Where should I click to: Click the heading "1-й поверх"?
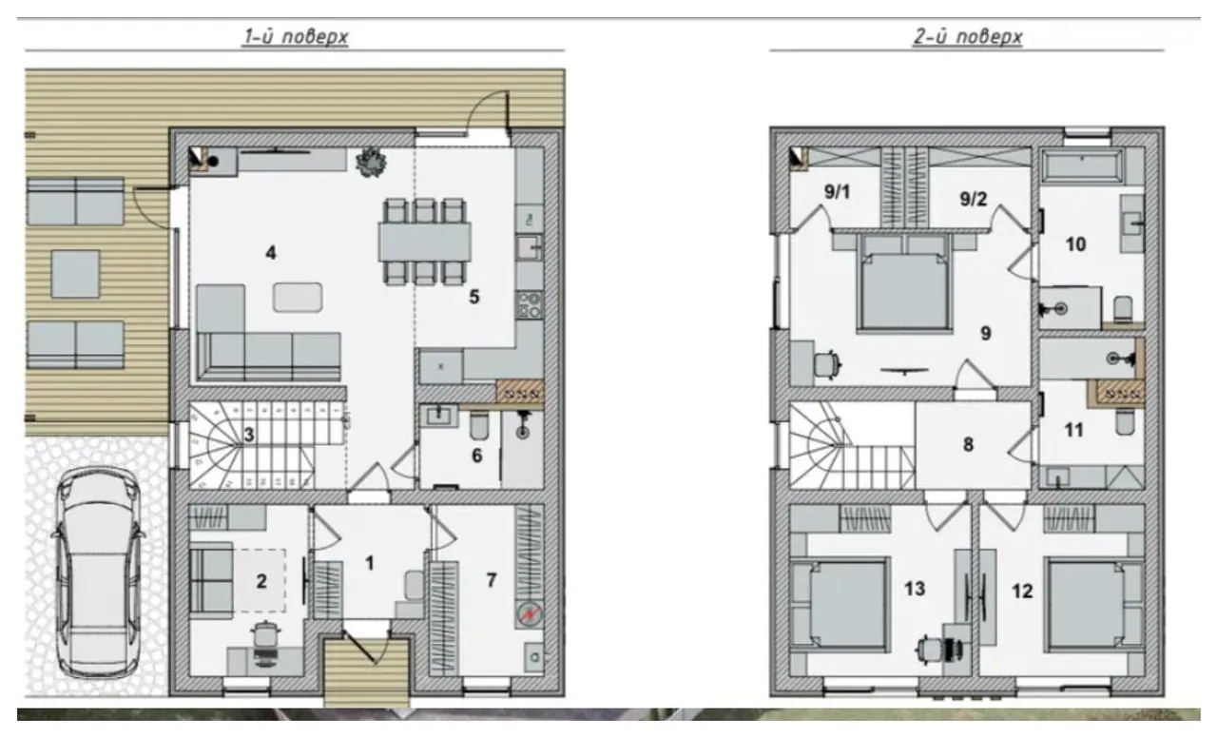tap(296, 37)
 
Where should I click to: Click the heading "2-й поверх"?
tap(968, 37)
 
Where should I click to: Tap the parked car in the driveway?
tap(98, 573)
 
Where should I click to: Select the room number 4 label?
tap(271, 253)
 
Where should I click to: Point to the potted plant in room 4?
tap(372, 162)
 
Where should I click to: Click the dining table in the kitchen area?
tap(425, 243)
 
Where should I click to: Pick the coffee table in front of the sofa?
tap(298, 298)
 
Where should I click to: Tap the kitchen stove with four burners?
tap(530, 305)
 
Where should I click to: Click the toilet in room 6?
tap(479, 426)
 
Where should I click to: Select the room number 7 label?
tap(492, 580)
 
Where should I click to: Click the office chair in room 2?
tap(265, 644)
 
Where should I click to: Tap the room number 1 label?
tap(370, 563)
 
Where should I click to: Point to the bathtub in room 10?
tap(1082, 165)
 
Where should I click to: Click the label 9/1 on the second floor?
tap(837, 191)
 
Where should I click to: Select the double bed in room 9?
tap(904, 283)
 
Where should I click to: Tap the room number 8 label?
tap(968, 444)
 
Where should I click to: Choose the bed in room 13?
tap(840, 605)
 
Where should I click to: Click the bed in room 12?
tap(1094, 605)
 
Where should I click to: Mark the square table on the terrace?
tap(75, 274)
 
